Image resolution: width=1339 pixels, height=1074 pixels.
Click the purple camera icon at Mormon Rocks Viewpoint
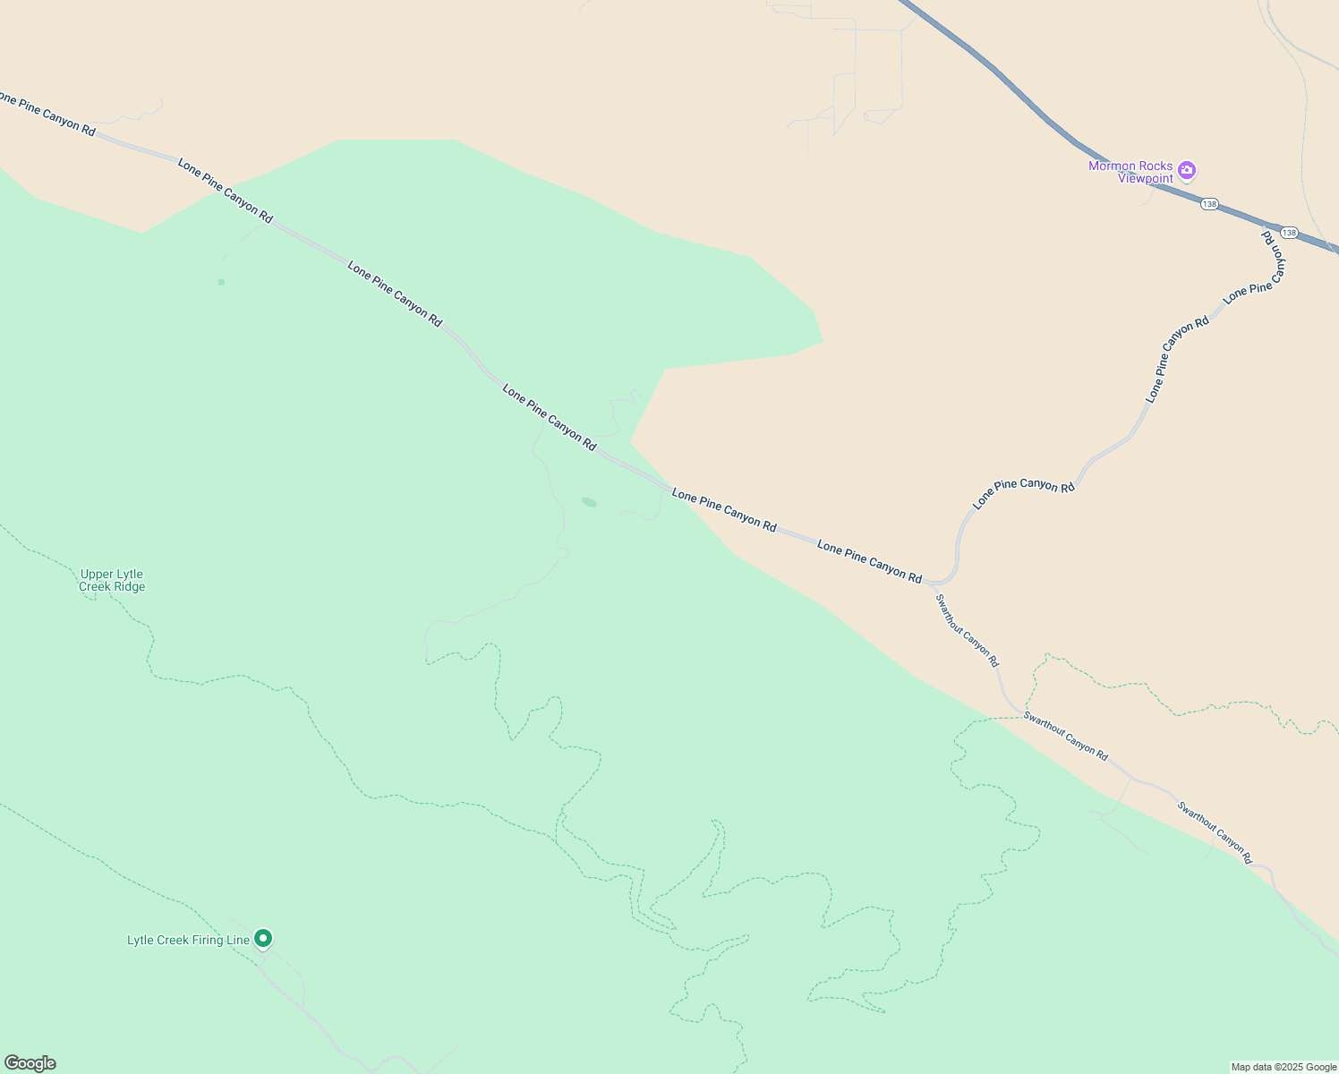[1187, 170]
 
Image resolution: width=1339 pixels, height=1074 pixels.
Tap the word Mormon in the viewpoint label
[1109, 166]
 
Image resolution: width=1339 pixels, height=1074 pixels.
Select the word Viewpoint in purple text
[1145, 179]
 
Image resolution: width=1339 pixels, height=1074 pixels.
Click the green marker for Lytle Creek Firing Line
[263, 938]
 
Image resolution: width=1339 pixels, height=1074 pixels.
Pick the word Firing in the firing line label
[208, 940]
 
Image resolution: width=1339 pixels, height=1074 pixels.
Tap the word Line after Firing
[238, 940]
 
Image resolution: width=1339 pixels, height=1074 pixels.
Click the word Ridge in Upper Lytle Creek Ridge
[127, 587]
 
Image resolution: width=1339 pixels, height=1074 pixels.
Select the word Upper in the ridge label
[98, 575]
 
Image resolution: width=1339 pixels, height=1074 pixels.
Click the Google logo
[30, 1063]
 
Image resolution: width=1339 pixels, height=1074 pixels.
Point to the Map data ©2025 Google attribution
[1284, 1067]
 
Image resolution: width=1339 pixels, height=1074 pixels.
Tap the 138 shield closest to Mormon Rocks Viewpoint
[1209, 204]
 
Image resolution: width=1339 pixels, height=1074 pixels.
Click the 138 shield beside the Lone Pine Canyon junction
[1288, 233]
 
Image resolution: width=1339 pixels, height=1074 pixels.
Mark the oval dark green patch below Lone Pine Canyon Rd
[589, 502]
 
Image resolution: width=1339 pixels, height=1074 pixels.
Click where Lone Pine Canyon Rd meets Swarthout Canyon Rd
[931, 583]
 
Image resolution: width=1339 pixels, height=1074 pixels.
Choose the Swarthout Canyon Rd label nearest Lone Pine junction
[967, 631]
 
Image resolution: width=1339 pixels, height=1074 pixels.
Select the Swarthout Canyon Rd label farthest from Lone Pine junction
[1215, 832]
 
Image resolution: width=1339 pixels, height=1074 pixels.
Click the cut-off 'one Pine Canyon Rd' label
[47, 114]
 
